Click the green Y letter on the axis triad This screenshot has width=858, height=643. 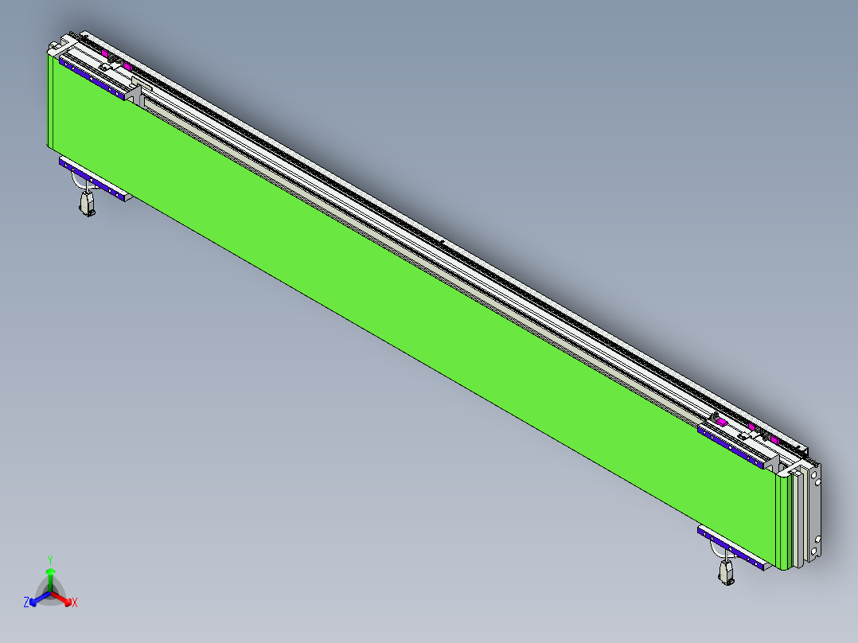coord(50,559)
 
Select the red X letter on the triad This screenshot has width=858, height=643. coord(75,602)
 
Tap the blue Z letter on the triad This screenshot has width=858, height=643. coord(26,602)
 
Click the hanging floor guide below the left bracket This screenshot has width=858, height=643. coord(86,205)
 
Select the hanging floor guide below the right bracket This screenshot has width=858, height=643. coord(727,572)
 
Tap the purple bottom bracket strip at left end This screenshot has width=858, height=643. coord(94,179)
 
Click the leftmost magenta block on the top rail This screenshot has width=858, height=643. coord(105,54)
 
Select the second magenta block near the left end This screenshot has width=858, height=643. coord(127,66)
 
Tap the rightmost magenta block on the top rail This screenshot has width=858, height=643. coord(774,439)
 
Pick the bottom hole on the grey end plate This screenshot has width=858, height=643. coord(815,551)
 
